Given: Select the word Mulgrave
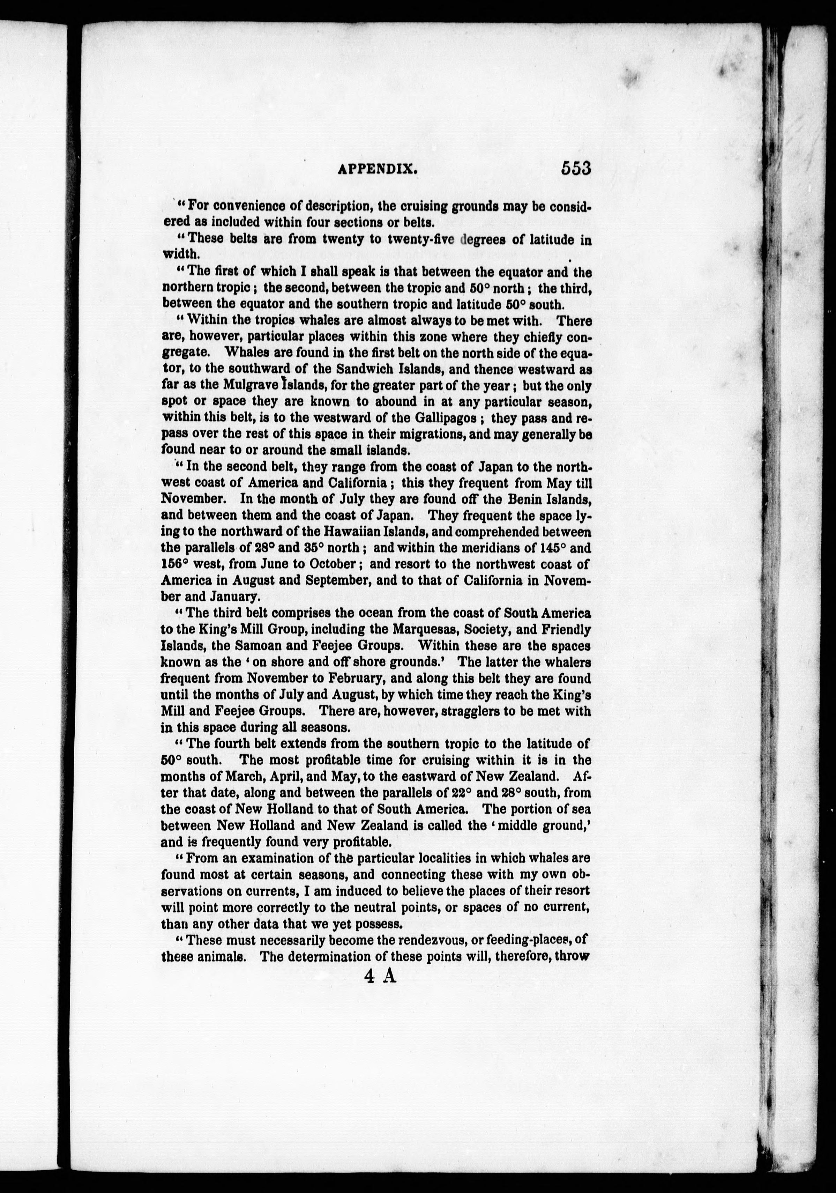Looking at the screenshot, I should click(251, 386).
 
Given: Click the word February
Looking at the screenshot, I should click(363, 679).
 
